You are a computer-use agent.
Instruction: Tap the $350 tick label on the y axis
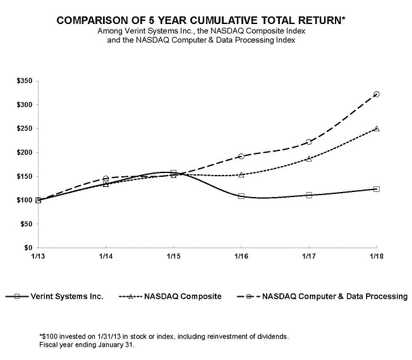[x=25, y=81]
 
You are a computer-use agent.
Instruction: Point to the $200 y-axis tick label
[x=25, y=152]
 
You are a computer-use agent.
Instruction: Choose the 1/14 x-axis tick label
[x=106, y=256]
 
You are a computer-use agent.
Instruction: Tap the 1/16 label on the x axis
[x=241, y=256]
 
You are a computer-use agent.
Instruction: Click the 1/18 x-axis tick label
[x=376, y=256]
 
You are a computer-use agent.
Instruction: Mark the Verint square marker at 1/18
[x=377, y=189]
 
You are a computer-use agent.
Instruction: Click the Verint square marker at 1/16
[x=241, y=196]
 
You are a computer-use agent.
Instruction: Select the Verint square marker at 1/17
[x=309, y=195]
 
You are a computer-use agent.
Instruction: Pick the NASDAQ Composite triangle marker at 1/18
[x=377, y=128]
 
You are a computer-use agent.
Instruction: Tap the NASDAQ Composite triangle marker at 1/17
[x=309, y=159]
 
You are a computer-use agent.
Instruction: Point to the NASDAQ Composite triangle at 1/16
[x=241, y=174]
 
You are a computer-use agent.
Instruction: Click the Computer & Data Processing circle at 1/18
[x=377, y=94]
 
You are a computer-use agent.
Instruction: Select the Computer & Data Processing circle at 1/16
[x=241, y=156]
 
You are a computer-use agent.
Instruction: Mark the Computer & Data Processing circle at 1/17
[x=309, y=142]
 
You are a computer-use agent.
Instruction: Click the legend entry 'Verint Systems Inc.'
[x=66, y=296]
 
